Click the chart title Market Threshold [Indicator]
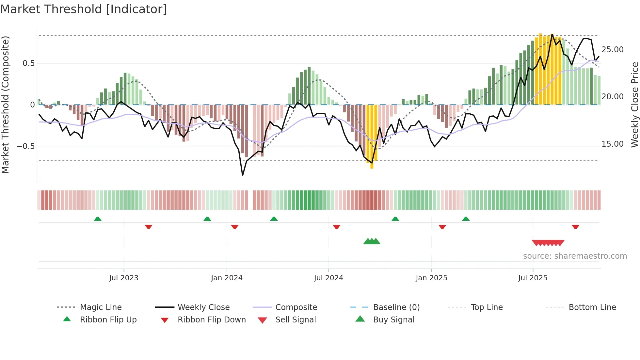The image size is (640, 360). (84, 9)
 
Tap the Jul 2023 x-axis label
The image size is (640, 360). (124, 278)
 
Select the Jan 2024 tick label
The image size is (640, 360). (227, 278)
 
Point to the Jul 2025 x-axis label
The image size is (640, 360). (533, 278)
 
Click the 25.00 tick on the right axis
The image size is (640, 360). (612, 50)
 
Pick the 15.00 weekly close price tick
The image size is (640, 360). (612, 144)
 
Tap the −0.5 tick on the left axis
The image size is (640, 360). (26, 146)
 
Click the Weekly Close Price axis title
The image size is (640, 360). (634, 105)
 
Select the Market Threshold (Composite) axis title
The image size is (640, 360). (5, 105)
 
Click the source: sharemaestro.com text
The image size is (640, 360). (575, 256)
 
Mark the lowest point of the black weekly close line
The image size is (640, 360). (243, 175)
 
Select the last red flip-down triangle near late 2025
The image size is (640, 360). (575, 227)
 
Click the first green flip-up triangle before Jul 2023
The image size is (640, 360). (98, 219)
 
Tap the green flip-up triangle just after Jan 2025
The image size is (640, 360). (466, 219)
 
